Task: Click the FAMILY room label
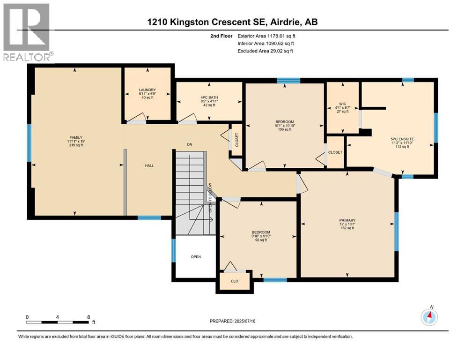click(x=75, y=137)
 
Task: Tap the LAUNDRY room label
click(x=147, y=90)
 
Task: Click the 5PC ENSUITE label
click(x=401, y=139)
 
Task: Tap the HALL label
click(x=149, y=165)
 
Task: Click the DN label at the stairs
click(x=190, y=145)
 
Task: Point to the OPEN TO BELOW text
click(x=211, y=197)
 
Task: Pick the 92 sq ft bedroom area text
click(x=261, y=240)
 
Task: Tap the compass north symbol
click(x=429, y=316)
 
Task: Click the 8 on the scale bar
click(x=89, y=316)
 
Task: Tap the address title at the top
click(x=232, y=22)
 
